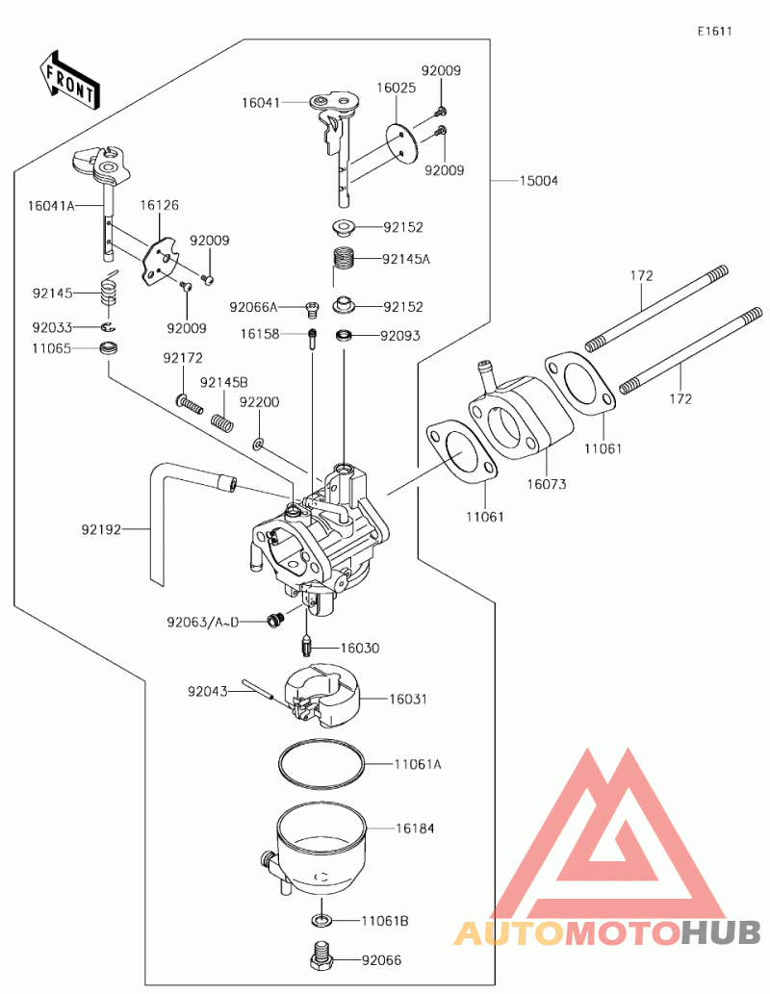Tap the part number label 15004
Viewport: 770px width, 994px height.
point(539,181)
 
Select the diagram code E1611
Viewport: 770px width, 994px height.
point(715,31)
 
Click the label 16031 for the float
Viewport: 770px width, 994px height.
point(408,699)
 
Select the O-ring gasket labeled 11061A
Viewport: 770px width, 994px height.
point(321,765)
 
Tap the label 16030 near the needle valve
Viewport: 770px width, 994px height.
point(360,649)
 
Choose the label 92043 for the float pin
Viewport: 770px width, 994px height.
point(207,690)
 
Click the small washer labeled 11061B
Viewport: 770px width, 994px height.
point(323,921)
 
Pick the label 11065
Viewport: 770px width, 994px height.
point(51,347)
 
